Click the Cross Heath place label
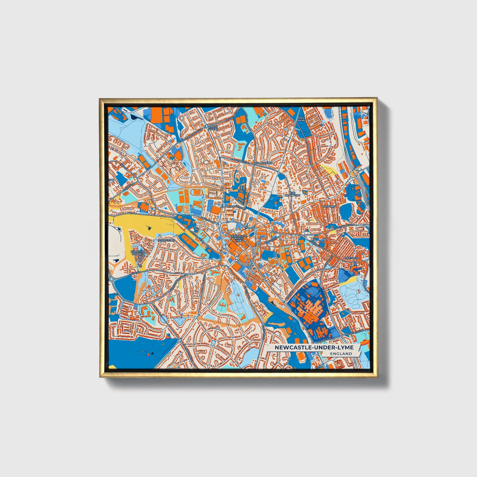coord(213,128)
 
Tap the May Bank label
coord(301,119)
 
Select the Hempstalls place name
coord(264,163)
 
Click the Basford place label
coord(328,206)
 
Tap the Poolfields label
coord(166,240)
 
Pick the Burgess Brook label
coord(138,253)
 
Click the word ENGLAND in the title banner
coord(343,354)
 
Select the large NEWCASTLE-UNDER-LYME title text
coord(314,348)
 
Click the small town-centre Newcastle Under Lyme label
coord(236,238)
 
